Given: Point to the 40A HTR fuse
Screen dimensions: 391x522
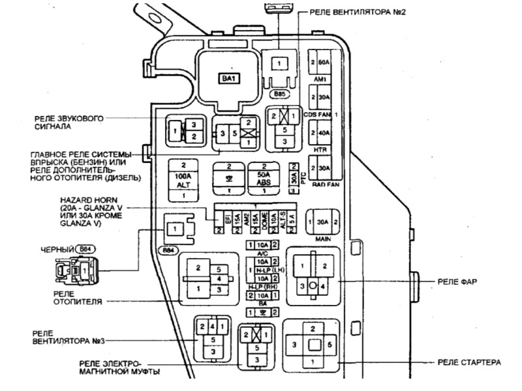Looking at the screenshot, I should (x=320, y=134).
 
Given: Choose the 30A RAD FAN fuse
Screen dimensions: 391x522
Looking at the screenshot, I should (x=320, y=168).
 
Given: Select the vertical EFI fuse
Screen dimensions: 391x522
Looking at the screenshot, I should (x=219, y=220).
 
